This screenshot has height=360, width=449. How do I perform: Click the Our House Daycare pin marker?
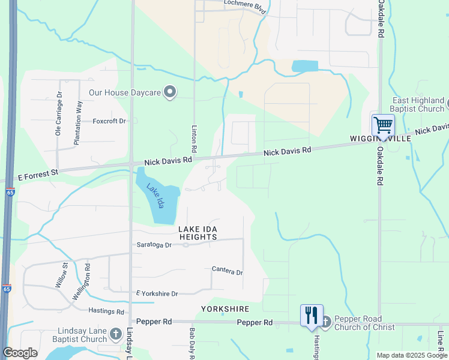pyautogui.click(x=170, y=92)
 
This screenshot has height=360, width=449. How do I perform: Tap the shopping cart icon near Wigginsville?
pyautogui.click(x=382, y=125)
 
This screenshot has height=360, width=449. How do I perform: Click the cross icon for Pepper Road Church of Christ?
pyautogui.click(x=325, y=322)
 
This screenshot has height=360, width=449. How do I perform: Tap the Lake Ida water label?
pyautogui.click(x=155, y=195)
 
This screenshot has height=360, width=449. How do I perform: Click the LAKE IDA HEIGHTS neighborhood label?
pyautogui.click(x=197, y=233)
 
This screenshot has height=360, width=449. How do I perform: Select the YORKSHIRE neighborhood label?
pyautogui.click(x=225, y=308)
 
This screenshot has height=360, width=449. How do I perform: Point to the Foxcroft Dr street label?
pyautogui.click(x=109, y=121)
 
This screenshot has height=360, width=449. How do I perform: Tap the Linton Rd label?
pyautogui.click(x=194, y=139)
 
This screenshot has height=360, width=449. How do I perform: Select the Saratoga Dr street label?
pyautogui.click(x=155, y=245)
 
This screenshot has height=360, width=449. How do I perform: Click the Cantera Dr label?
pyautogui.click(x=227, y=271)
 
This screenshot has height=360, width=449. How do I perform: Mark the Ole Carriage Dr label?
pyautogui.click(x=59, y=115)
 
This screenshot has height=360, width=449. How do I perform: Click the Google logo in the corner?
pyautogui.click(x=20, y=353)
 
